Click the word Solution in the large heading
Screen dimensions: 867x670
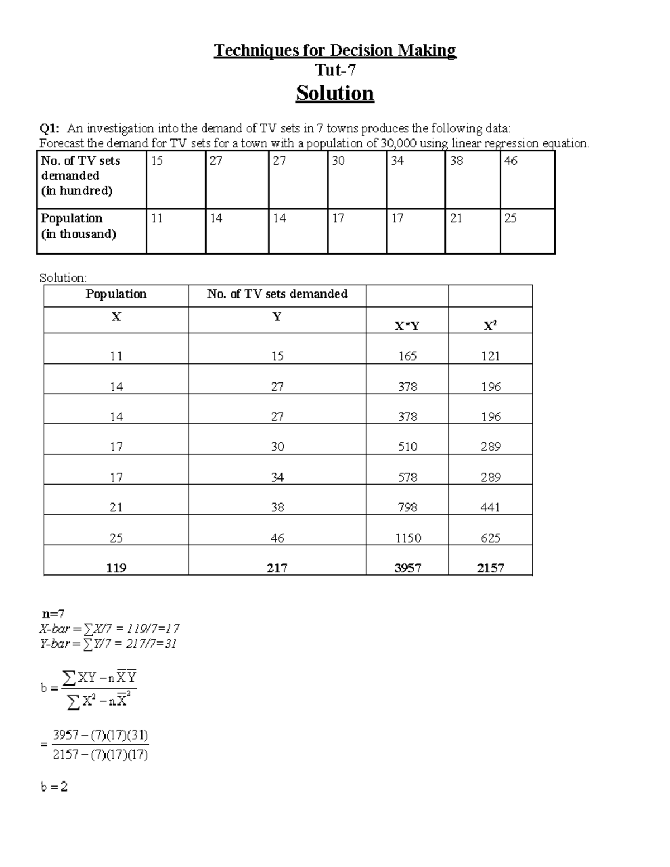[x=334, y=93]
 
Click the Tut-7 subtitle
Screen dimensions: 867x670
[x=335, y=70]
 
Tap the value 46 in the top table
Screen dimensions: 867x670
[x=510, y=161]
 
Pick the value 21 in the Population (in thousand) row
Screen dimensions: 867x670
[x=456, y=218]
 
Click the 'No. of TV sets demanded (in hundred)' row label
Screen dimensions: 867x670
[x=80, y=175]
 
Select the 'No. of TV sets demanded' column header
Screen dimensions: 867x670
[x=277, y=294]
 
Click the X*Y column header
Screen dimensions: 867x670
[x=407, y=326]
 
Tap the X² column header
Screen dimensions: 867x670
[x=490, y=326]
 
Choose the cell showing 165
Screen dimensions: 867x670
[x=407, y=356]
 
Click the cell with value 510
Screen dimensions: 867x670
[x=407, y=447]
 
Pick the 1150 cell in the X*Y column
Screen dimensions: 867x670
[x=408, y=538]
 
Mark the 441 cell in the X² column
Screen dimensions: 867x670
[x=490, y=507]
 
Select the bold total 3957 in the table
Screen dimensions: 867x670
[x=408, y=568]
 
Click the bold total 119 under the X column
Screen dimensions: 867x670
[x=116, y=568]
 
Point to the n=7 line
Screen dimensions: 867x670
[x=54, y=614]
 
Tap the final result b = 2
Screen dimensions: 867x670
[x=54, y=787]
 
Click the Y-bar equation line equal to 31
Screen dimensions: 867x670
[x=108, y=644]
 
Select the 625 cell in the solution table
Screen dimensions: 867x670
[x=490, y=538]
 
